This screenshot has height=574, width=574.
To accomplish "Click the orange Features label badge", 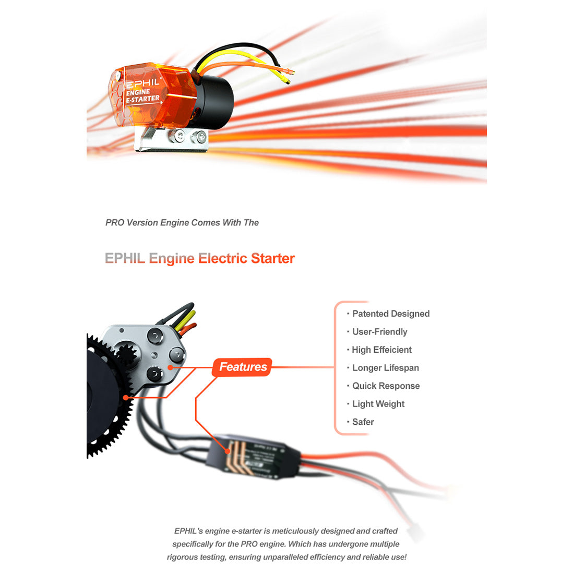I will point(242,367).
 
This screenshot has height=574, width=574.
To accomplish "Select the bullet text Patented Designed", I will point(390,314).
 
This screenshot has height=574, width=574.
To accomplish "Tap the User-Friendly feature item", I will point(379,332).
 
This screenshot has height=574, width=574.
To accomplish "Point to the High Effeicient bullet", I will point(381,350).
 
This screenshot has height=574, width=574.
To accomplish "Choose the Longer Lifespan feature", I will point(385,368).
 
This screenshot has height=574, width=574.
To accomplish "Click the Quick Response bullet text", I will point(386,386).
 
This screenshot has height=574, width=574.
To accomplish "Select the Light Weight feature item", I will point(378,404).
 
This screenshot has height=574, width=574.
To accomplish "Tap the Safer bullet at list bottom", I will point(363,422).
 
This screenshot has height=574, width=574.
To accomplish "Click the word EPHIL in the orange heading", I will point(124,258).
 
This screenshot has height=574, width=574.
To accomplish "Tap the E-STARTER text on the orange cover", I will point(143,99).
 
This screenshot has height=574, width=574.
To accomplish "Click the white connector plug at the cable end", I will point(417,532).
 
